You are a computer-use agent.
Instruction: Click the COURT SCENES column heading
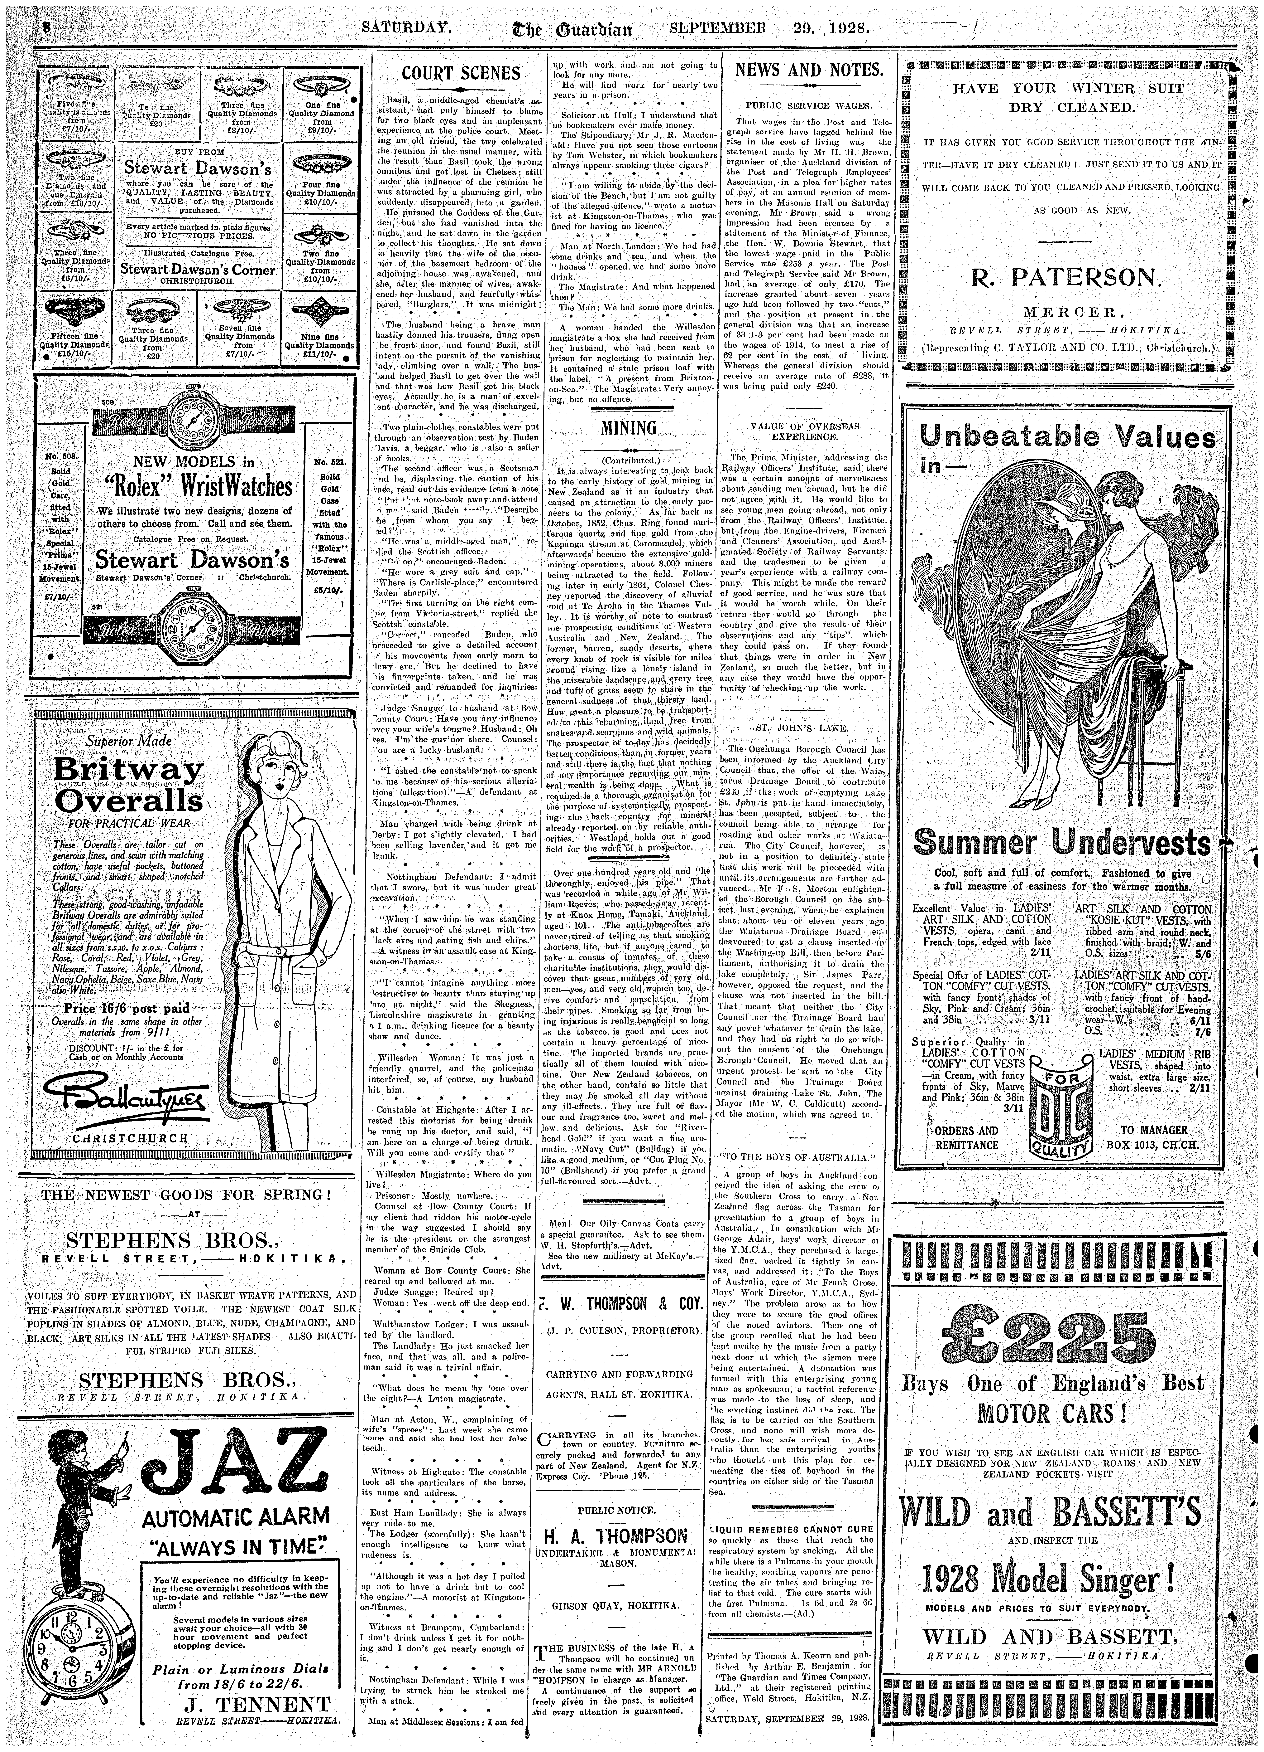pyautogui.click(x=461, y=73)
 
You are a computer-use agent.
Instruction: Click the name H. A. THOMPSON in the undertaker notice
pyautogui.click(x=615, y=1533)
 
